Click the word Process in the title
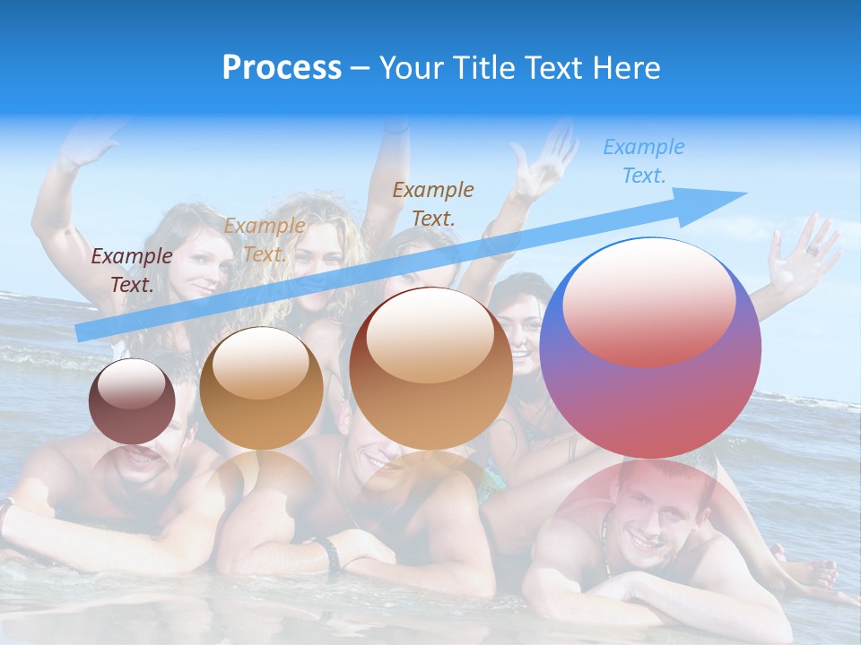pyautogui.click(x=282, y=68)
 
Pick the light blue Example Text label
pyautogui.click(x=643, y=161)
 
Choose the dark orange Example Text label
pyautogui.click(x=433, y=203)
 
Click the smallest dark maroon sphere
pyautogui.click(x=132, y=401)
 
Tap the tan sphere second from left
pyautogui.click(x=261, y=388)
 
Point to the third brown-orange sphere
pyautogui.click(x=430, y=368)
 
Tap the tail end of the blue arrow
pyautogui.click(x=81, y=332)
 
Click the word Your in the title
pyautogui.click(x=411, y=68)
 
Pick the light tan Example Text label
pyautogui.click(x=264, y=240)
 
